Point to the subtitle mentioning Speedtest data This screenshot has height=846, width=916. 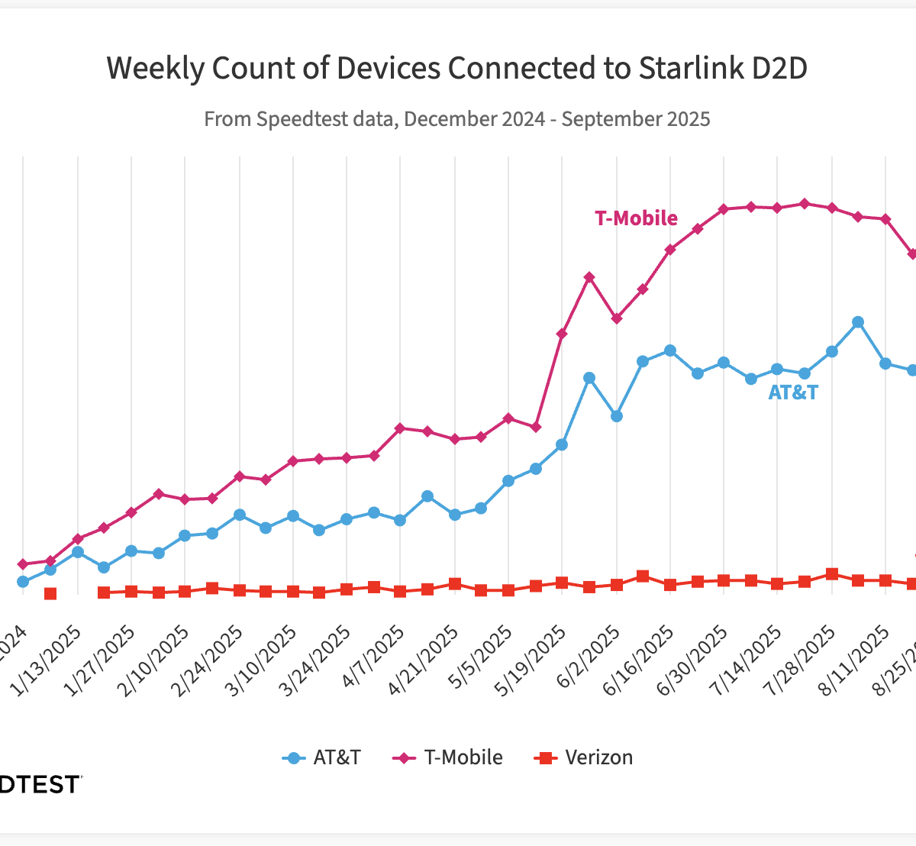(x=456, y=119)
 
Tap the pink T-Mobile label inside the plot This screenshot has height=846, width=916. (x=636, y=218)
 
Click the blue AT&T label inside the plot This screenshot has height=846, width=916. (x=792, y=392)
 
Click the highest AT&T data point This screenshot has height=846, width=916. (x=858, y=322)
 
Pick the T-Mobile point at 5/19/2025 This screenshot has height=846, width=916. (x=562, y=334)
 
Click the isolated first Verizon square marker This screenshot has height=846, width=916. (x=50, y=593)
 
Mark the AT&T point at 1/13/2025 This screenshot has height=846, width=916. (x=78, y=552)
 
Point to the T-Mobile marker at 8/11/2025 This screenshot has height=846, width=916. (x=885, y=219)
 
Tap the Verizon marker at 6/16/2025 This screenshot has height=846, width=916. (x=670, y=585)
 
